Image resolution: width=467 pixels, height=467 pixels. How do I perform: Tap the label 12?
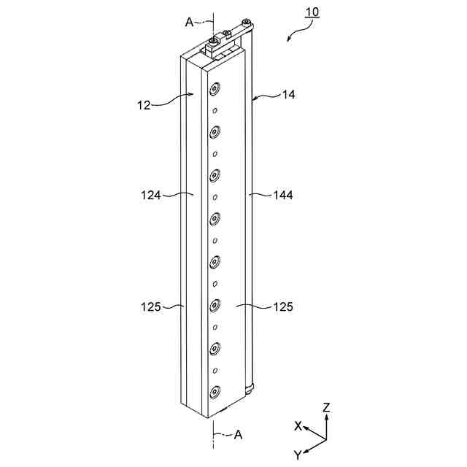tap(144, 104)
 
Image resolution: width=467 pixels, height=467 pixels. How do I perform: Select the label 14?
tap(290, 95)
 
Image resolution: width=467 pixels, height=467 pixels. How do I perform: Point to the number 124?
tap(151, 195)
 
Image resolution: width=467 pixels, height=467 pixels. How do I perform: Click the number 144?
tap(283, 195)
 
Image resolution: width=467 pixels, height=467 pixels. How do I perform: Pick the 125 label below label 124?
tap(151, 306)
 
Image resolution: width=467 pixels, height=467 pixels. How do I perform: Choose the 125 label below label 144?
tap(283, 306)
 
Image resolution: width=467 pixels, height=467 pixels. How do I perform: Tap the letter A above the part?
tap(189, 23)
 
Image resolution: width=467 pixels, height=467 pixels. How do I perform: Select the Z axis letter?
tap(326, 409)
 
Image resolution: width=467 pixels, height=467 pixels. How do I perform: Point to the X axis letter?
tap(298, 425)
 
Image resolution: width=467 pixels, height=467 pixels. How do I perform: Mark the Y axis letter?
tap(298, 455)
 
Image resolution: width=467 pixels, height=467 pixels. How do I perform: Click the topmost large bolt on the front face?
tap(215, 89)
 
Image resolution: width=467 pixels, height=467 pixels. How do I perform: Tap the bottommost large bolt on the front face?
tap(215, 392)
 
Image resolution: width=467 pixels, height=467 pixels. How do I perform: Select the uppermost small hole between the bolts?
tap(215, 111)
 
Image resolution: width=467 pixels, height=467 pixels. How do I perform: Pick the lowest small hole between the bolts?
tap(215, 371)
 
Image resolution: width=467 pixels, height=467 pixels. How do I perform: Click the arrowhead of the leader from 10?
tap(288, 42)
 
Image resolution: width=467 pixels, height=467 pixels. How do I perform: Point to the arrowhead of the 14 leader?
tap(252, 97)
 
